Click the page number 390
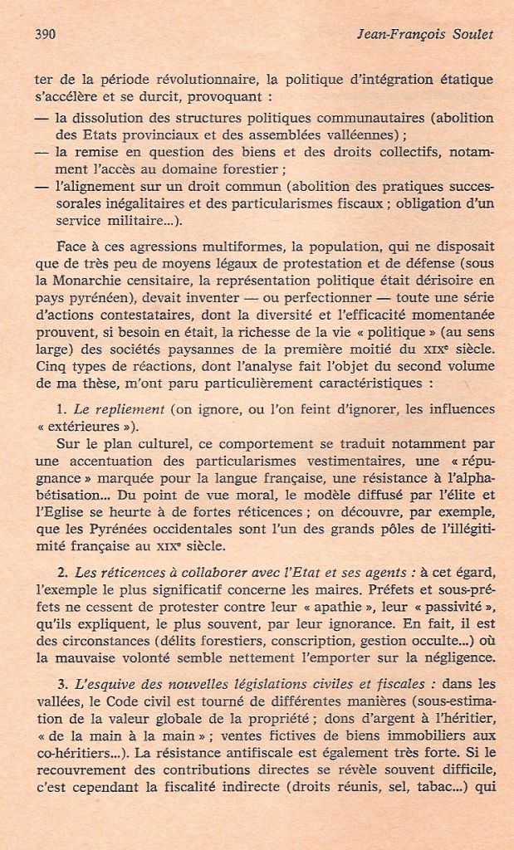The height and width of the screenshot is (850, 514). [45, 35]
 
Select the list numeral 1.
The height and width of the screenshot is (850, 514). [61, 410]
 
